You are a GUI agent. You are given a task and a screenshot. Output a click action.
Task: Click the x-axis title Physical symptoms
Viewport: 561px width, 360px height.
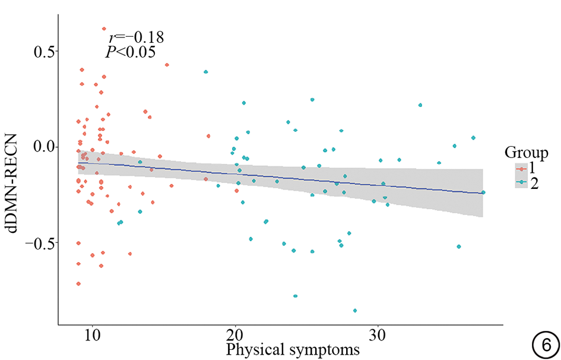coord(292,349)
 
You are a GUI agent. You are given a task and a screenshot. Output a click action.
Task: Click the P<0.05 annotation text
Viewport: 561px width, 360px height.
coord(131,52)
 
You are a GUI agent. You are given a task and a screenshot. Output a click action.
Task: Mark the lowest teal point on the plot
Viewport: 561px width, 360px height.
coord(355,310)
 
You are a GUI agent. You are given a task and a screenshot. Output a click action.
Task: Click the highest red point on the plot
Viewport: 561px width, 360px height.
coord(104,29)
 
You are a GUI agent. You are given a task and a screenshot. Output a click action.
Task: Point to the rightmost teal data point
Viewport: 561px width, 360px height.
coord(483,192)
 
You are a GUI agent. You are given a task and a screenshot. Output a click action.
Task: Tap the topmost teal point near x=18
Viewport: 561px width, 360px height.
coord(206,72)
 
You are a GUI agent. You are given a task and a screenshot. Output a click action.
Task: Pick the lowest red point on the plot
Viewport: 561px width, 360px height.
coord(78,283)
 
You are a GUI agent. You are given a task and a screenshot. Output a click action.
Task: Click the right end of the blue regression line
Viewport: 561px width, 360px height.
coord(483,193)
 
